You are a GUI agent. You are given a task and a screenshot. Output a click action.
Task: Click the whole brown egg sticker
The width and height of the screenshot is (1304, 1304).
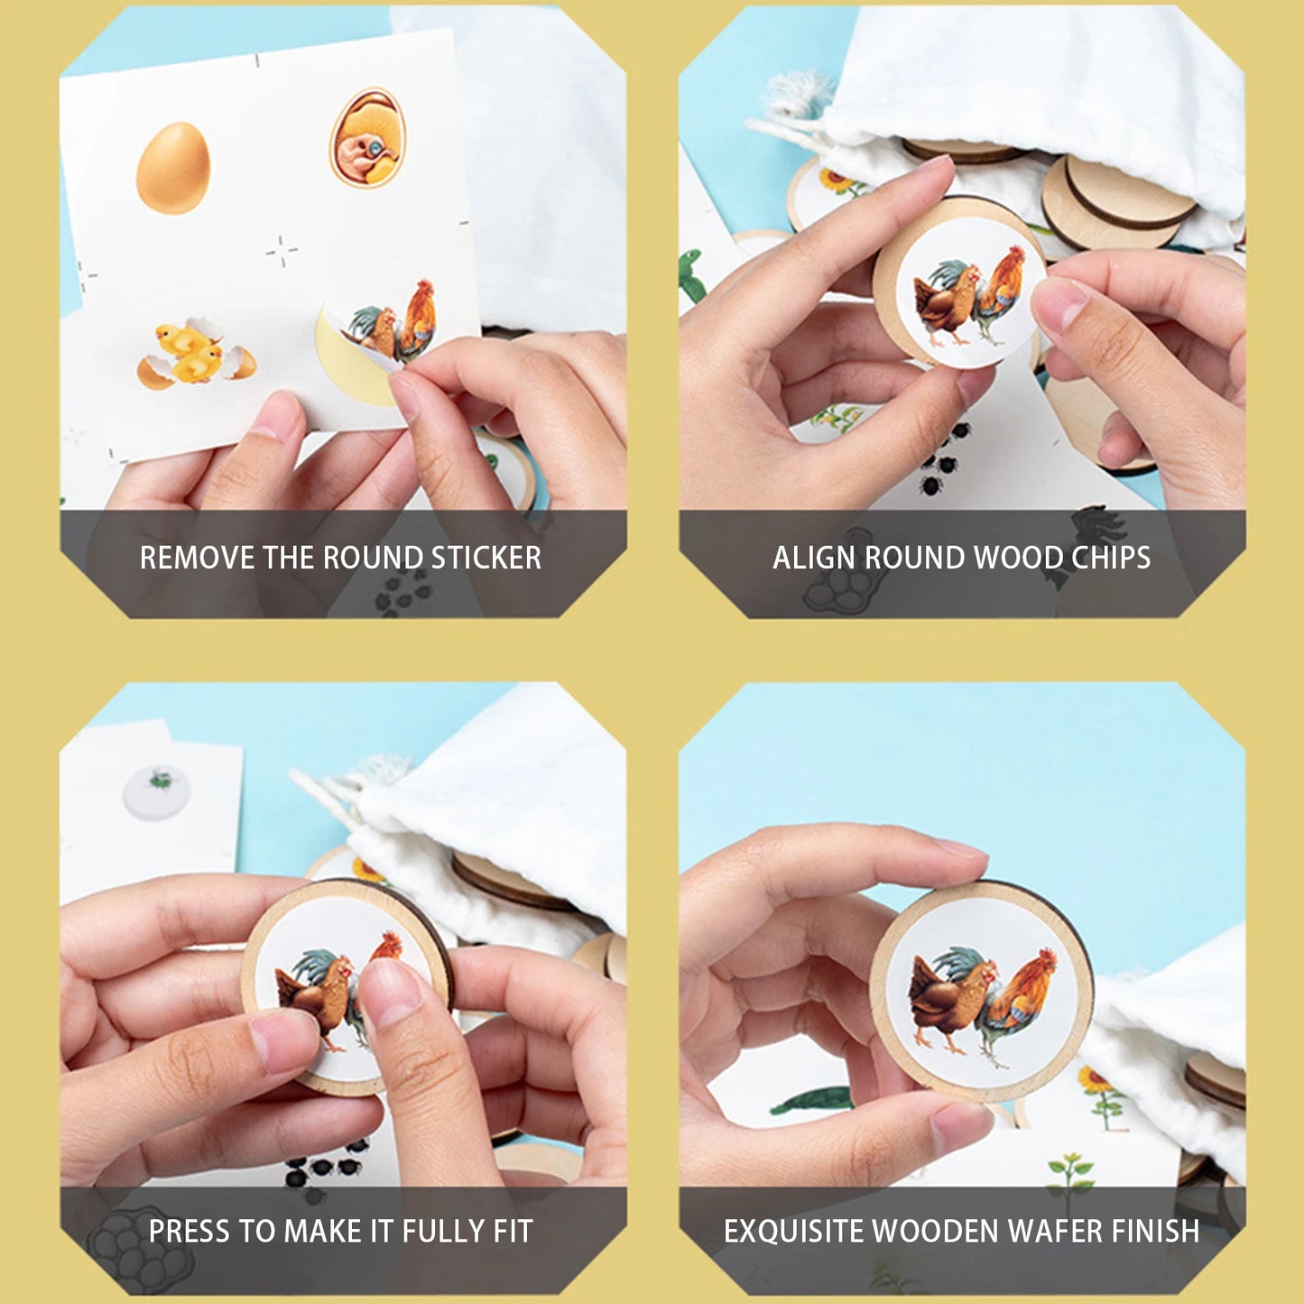click(x=173, y=169)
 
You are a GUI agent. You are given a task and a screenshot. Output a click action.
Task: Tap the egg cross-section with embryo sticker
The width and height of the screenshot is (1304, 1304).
click(x=367, y=137)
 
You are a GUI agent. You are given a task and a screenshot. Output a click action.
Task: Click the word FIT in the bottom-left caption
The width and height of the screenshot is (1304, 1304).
click(x=512, y=1231)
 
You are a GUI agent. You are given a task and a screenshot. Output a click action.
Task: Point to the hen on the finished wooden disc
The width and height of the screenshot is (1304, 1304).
click(x=943, y=1002)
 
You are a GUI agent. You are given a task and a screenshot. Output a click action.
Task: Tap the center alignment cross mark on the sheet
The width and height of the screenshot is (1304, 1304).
click(x=282, y=251)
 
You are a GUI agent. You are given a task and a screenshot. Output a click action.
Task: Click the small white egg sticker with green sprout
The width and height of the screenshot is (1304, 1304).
click(x=157, y=791)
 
